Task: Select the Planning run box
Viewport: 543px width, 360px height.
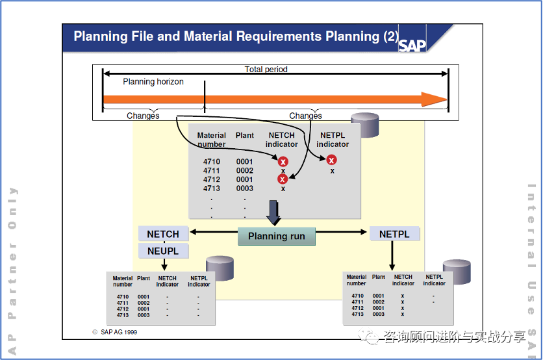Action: [276, 236]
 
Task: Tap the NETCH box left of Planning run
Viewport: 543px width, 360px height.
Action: [163, 234]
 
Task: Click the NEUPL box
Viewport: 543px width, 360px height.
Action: [163, 250]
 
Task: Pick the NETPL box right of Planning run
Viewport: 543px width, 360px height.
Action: [394, 234]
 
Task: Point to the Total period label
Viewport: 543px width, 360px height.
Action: [266, 70]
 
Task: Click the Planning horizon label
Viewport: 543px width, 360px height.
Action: [153, 82]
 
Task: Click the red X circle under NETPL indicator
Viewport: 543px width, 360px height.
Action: [331, 160]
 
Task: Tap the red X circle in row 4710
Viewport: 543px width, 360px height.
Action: [283, 162]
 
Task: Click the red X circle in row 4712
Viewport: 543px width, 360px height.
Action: [283, 179]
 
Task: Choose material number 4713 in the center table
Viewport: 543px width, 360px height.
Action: [212, 188]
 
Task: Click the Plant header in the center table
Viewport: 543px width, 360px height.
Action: [245, 135]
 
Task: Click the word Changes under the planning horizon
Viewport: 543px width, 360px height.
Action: [143, 116]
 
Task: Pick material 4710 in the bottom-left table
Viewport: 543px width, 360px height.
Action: [123, 296]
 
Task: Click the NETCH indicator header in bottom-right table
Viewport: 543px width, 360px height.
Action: [403, 280]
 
